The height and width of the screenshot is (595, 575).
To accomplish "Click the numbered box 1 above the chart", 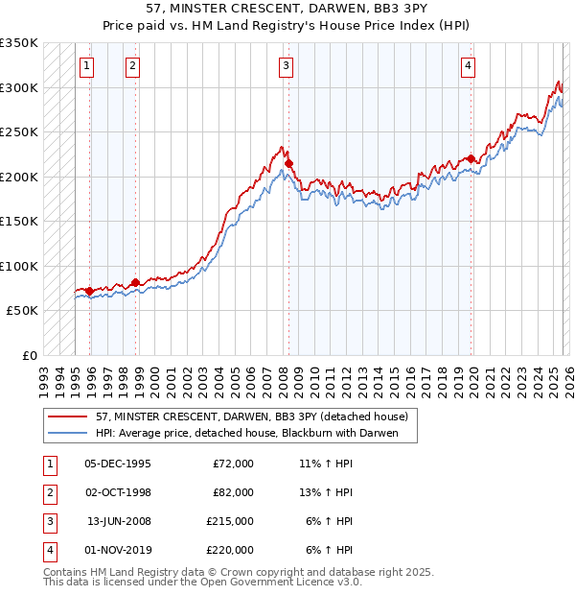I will click(x=87, y=65).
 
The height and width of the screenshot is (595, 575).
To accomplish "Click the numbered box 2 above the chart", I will click(x=132, y=65).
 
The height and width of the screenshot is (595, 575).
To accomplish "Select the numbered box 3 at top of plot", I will click(x=287, y=65).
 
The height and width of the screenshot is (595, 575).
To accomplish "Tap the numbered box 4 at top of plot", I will click(x=468, y=65).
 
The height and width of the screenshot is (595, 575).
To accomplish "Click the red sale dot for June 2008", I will click(x=288, y=164).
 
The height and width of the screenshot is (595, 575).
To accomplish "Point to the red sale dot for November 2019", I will click(x=471, y=159).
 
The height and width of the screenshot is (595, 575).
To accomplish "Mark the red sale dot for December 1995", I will click(x=89, y=291).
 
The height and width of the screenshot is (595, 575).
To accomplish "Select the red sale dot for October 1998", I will click(x=135, y=282).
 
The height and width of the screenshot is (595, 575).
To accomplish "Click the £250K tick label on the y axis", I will click(x=18, y=131).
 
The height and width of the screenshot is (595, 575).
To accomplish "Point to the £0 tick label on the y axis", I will click(x=29, y=355).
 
